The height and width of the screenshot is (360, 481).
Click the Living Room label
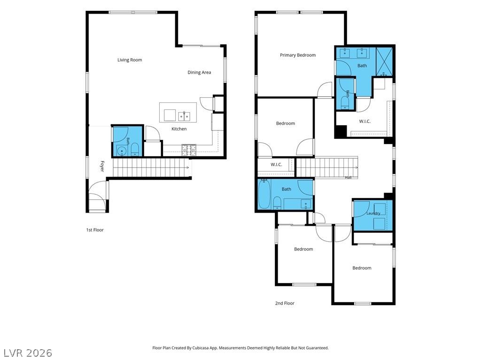[130, 60]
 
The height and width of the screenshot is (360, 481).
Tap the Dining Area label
[199, 72]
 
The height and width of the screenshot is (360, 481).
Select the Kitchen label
[179, 129]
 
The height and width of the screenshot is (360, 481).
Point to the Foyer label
[102, 166]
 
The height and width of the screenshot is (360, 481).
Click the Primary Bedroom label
[297, 55]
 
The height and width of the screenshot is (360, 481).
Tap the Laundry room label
[373, 213]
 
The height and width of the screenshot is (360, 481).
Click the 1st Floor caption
[95, 230]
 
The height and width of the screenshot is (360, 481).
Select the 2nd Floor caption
[285, 303]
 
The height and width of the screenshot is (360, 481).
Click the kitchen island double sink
[184, 116]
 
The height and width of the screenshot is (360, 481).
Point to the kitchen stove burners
[189, 150]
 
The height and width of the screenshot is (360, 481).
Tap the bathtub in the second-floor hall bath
[264, 194]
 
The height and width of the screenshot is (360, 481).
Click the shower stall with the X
[384, 61]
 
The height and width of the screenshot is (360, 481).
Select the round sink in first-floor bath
[122, 151]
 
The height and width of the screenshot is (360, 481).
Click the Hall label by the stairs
[348, 177]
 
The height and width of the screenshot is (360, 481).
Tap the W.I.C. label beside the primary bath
[365, 122]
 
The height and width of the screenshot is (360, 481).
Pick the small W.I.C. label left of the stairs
[276, 165]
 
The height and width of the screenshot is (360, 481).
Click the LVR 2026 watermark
[28, 353]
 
